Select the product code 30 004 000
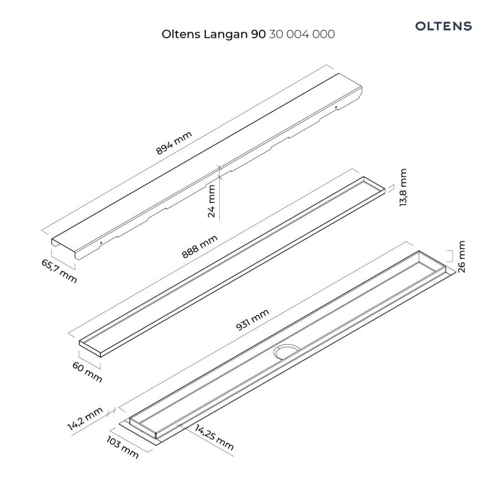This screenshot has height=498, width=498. click(x=301, y=35)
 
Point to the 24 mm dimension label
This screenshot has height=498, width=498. click(x=212, y=201)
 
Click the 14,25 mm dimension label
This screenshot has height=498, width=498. click(x=214, y=436)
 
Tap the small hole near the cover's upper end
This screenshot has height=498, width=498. click(x=337, y=108)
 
